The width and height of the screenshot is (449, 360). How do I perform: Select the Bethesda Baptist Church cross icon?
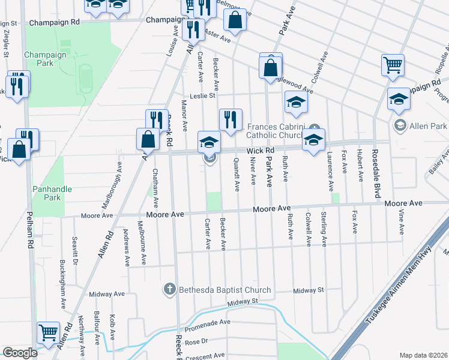170,290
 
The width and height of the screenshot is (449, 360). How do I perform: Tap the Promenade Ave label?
208,322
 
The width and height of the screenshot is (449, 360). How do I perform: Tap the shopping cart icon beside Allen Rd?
47,331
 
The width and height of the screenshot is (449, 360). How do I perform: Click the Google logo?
20,352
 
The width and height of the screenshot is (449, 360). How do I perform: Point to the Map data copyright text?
423,355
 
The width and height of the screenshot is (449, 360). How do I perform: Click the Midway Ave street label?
106,294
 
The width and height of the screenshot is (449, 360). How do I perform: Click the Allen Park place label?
427,125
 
